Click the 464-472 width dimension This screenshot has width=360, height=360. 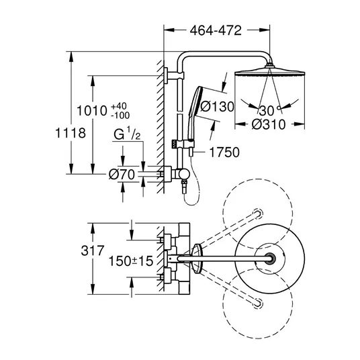point(216,30)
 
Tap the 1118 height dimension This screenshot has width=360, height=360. point(71,133)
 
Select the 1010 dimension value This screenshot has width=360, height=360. point(92,111)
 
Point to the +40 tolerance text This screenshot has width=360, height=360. point(119,106)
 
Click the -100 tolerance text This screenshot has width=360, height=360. point(120,116)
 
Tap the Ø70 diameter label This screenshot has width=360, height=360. point(122,175)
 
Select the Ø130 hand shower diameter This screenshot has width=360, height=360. point(217,107)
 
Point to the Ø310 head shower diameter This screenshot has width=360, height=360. point(269,124)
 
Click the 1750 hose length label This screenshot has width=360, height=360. point(224,152)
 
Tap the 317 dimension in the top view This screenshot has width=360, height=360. point(93,251)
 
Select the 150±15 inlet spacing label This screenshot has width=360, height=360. point(131,261)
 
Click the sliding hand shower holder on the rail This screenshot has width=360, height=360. point(183,144)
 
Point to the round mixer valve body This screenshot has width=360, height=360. point(183,174)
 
